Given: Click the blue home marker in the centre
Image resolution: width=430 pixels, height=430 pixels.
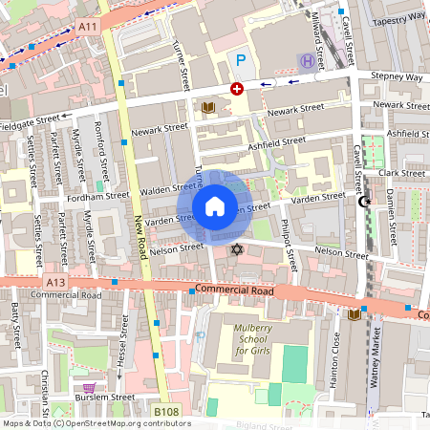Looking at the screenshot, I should click(215, 205).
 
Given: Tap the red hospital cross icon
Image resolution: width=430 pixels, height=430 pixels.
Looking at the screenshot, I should click(236, 89).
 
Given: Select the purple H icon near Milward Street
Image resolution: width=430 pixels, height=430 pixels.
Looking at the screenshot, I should click(307, 61).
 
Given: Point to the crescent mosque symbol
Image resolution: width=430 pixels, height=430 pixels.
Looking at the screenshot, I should click(363, 202).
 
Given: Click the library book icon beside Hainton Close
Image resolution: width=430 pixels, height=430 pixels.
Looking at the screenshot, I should click(355, 313).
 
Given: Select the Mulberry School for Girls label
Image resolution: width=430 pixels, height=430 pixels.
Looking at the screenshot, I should click(241, 338).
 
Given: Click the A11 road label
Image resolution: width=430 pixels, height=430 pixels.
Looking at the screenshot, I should click(88, 26).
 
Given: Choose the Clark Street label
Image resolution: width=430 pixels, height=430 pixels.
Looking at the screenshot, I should click(401, 173).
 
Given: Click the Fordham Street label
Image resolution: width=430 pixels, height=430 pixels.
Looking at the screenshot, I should click(97, 195).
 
